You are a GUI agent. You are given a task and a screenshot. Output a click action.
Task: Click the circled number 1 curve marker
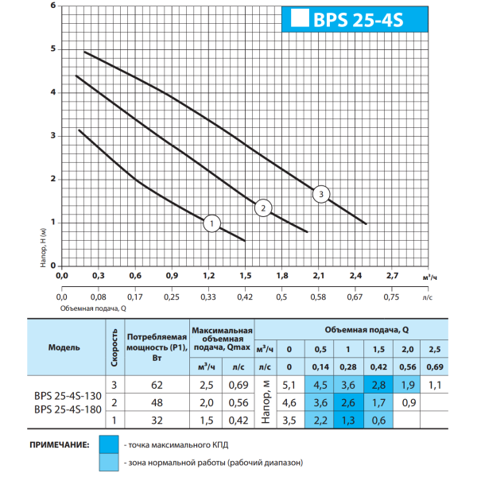point(211,223)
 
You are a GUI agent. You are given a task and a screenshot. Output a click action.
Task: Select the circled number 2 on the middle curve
point(263,208)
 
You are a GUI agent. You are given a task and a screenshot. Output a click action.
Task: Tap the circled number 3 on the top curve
point(321,194)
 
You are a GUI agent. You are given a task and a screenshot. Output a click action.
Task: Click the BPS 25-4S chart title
point(358,20)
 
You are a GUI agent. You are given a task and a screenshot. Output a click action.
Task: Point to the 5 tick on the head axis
point(53,48)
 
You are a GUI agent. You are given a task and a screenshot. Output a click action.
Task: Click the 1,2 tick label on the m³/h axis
point(208,276)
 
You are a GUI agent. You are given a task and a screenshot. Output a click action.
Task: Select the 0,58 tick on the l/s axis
point(318,297)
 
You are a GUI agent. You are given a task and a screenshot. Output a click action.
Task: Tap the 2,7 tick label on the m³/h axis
point(392,276)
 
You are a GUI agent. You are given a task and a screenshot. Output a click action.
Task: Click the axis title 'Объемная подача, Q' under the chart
point(93,308)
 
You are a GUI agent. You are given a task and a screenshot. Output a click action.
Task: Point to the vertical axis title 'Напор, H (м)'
point(43,247)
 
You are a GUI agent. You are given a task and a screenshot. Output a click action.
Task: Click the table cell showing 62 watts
point(157,385)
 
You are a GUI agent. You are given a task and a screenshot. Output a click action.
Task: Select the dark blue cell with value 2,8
point(378,385)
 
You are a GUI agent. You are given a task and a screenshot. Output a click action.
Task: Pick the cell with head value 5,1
point(289,385)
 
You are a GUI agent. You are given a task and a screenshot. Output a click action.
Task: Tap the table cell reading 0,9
point(409,403)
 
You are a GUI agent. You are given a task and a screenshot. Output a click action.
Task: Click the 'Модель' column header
point(64,347)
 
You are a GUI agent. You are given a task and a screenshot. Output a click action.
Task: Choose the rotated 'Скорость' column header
point(114,347)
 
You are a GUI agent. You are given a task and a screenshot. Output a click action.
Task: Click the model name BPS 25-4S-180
point(68,409)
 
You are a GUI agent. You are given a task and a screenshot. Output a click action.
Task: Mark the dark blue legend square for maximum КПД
point(109,444)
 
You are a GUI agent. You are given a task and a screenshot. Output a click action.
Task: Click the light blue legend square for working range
point(109,463)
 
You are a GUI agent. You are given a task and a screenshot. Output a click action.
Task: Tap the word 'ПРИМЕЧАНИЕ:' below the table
point(60,445)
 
